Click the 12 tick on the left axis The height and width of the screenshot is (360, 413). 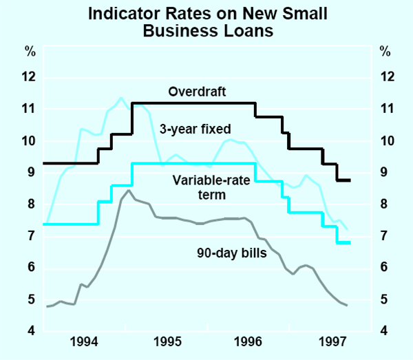pos(28,77)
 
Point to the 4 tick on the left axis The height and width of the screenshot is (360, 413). pos(32,331)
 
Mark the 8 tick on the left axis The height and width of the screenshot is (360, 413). pos(32,204)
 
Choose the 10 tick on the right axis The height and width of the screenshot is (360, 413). pos(386,140)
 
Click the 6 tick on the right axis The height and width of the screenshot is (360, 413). pos(383,267)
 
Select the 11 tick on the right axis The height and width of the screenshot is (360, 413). pos(386,109)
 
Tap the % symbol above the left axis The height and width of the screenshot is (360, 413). pos(30,52)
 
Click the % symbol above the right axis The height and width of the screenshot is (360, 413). pos(384,52)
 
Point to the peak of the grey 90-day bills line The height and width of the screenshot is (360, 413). pos(128,190)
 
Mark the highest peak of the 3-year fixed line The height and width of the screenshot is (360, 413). pos(121,98)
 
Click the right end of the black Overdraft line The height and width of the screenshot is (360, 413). pos(350,180)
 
